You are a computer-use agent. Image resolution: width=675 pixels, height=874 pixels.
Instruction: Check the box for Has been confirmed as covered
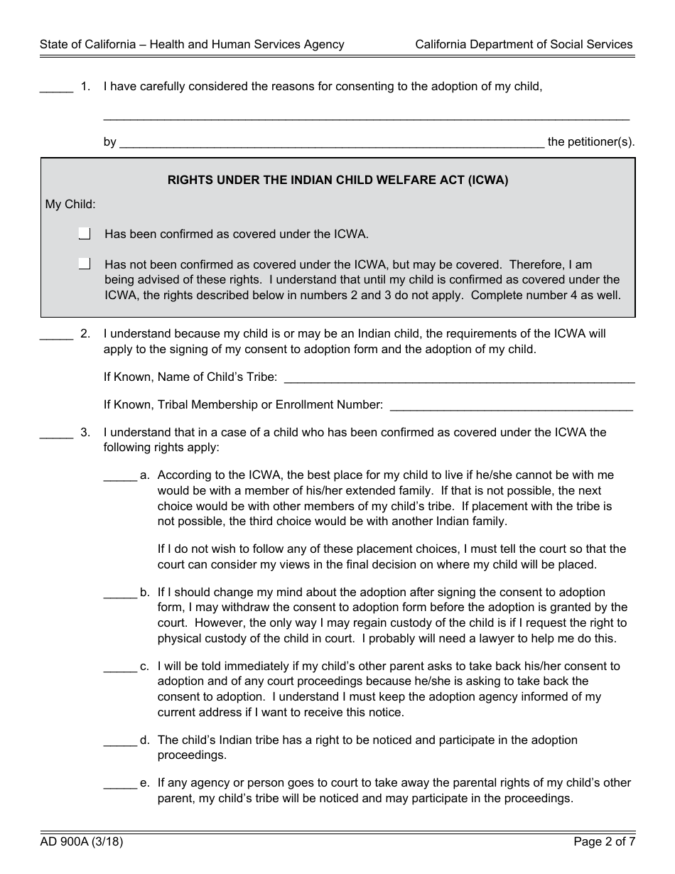(85, 233)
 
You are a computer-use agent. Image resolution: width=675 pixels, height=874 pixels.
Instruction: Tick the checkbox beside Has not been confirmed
(85, 264)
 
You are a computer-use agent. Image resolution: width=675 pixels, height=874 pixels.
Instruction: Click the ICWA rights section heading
(337, 180)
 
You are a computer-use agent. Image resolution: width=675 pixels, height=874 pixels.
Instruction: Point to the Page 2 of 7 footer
(604, 843)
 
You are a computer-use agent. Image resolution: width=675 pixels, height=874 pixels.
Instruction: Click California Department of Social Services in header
(524, 44)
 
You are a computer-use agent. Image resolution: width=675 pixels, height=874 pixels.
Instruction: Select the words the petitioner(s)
(591, 142)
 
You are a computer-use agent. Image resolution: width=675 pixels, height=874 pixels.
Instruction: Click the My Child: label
(70, 205)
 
